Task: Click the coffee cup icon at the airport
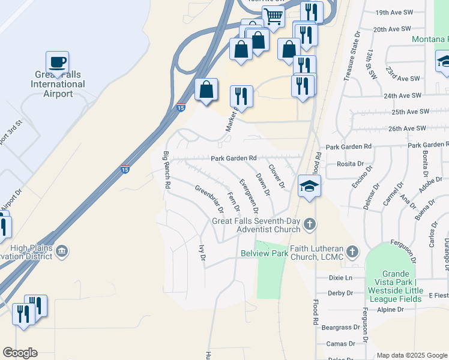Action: click(57, 62)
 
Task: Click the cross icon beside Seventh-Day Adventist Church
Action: click(310, 224)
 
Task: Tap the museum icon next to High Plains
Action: click(62, 250)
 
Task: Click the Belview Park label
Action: click(264, 254)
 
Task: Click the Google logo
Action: click(20, 352)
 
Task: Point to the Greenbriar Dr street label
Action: click(209, 199)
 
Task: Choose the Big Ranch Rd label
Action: click(166, 170)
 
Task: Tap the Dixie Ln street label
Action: click(340, 278)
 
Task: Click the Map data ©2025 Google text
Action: click(411, 355)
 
